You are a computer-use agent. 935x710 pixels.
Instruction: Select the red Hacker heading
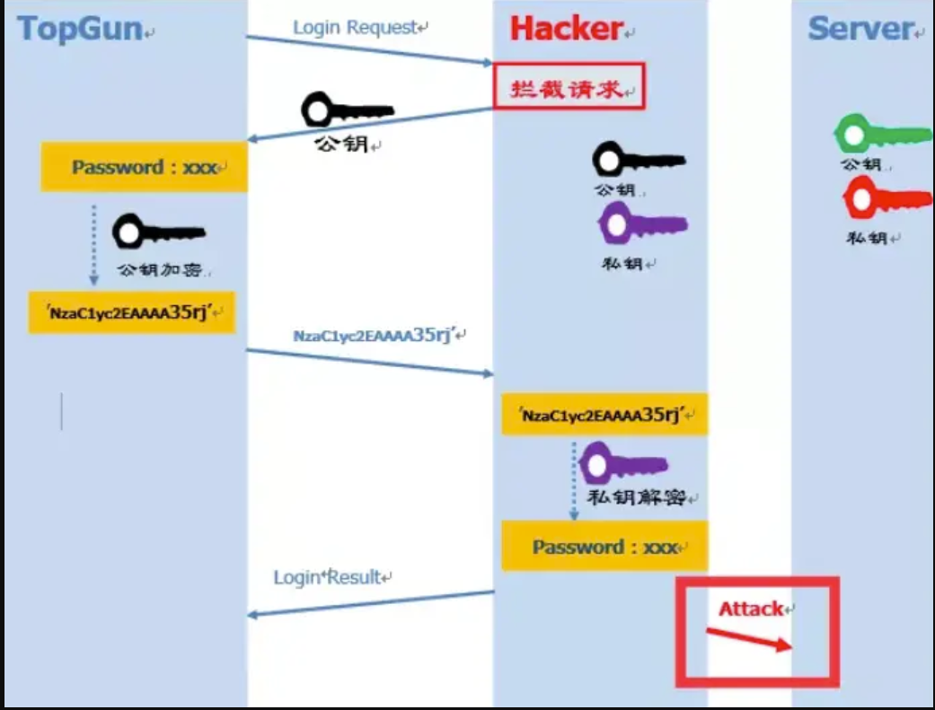tap(567, 29)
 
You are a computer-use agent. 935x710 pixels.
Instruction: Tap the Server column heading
tap(860, 29)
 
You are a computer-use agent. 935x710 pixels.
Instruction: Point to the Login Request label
tap(356, 27)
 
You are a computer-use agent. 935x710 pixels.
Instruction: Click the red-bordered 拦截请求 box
tap(568, 87)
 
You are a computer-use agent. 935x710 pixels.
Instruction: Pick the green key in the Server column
tap(880, 134)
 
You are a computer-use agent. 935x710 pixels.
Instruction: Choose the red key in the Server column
tap(885, 198)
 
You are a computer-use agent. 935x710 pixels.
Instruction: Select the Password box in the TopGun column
tap(144, 168)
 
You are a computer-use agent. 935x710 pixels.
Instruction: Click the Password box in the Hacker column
tap(604, 548)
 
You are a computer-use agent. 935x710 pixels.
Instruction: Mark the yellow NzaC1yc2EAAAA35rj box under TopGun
tap(132, 312)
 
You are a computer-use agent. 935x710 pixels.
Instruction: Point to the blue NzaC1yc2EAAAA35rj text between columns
tap(375, 337)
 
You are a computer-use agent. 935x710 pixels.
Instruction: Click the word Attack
tap(751, 609)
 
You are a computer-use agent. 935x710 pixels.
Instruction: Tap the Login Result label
tap(329, 577)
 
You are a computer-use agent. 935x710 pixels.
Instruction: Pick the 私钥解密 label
tap(641, 498)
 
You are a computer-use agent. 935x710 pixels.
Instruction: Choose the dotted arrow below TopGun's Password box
tap(93, 242)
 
